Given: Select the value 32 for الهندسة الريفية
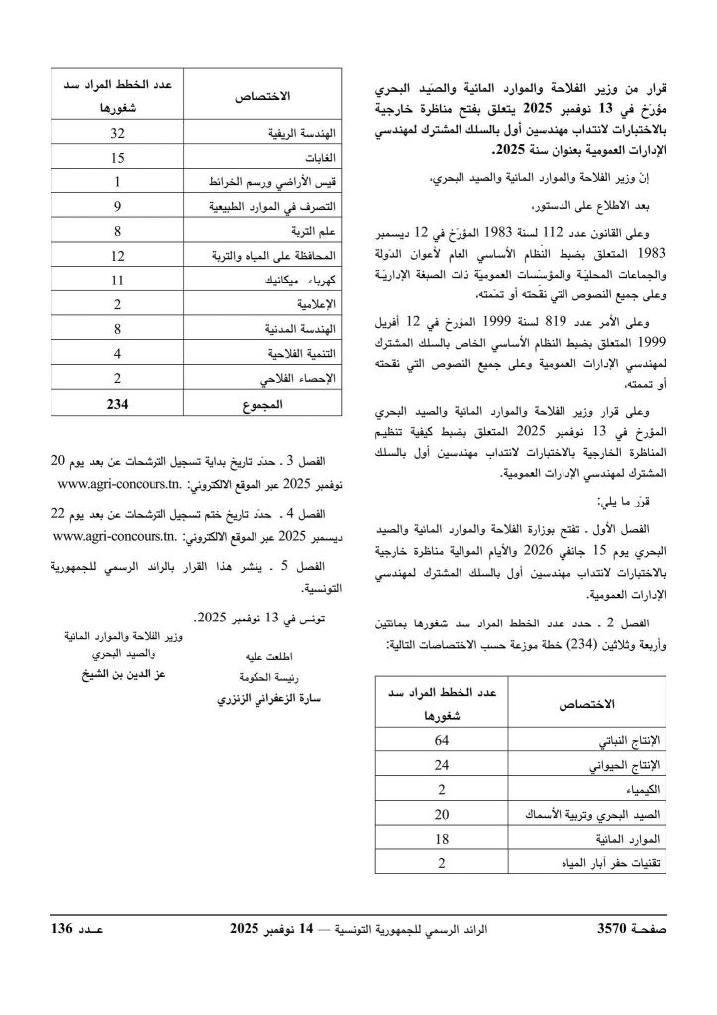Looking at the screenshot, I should [x=117, y=132].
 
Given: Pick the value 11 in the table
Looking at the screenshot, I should [x=117, y=281].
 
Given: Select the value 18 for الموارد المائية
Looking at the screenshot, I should [x=441, y=839].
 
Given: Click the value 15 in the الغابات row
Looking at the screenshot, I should [x=117, y=157].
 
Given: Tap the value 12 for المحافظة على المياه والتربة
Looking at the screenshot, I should [x=117, y=256].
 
